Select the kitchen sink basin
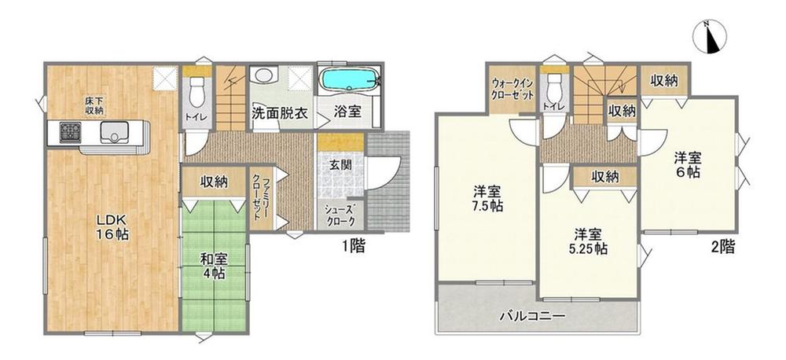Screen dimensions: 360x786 coord(119,133)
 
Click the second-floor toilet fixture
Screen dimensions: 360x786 coord(554,87)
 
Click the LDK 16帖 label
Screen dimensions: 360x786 coord(113,226)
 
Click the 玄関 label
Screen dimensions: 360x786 coord(341,166)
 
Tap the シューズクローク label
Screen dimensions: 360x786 coord(341,215)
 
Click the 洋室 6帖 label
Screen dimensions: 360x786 coord(689,163)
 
